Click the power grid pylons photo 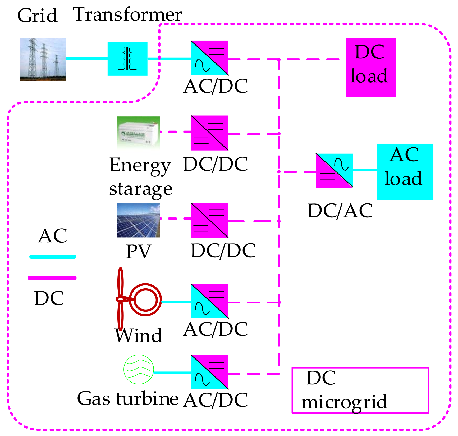point(43,60)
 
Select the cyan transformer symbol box point(127,58)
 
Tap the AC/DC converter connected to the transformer point(209,58)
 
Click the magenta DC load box point(371,67)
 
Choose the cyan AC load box point(405,171)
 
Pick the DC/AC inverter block point(334,171)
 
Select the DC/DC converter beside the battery point(209,133)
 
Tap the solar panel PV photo point(139,220)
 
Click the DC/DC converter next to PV point(209,220)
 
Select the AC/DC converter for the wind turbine point(209,301)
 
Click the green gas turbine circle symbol point(139,369)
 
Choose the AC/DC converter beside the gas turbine point(209,372)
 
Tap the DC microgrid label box point(360,390)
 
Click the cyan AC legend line point(53,257)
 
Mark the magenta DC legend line point(52,278)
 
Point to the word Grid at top point(38,15)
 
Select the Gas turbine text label point(128,398)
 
